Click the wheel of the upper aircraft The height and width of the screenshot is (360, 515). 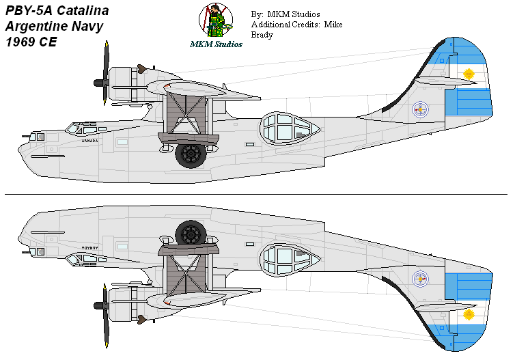[x=191, y=154]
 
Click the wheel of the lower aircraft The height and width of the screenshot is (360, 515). [x=191, y=234]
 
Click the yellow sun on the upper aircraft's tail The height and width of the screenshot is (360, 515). [x=469, y=74]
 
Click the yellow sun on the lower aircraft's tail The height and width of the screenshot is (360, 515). [x=469, y=314]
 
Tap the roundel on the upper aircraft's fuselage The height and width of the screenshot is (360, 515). [x=421, y=108]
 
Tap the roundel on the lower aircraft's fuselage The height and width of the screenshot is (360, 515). [x=421, y=279]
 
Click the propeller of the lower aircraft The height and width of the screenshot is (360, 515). [x=105, y=314]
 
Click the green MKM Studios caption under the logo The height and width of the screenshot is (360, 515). [x=216, y=44]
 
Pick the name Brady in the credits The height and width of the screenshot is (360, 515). [x=262, y=36]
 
